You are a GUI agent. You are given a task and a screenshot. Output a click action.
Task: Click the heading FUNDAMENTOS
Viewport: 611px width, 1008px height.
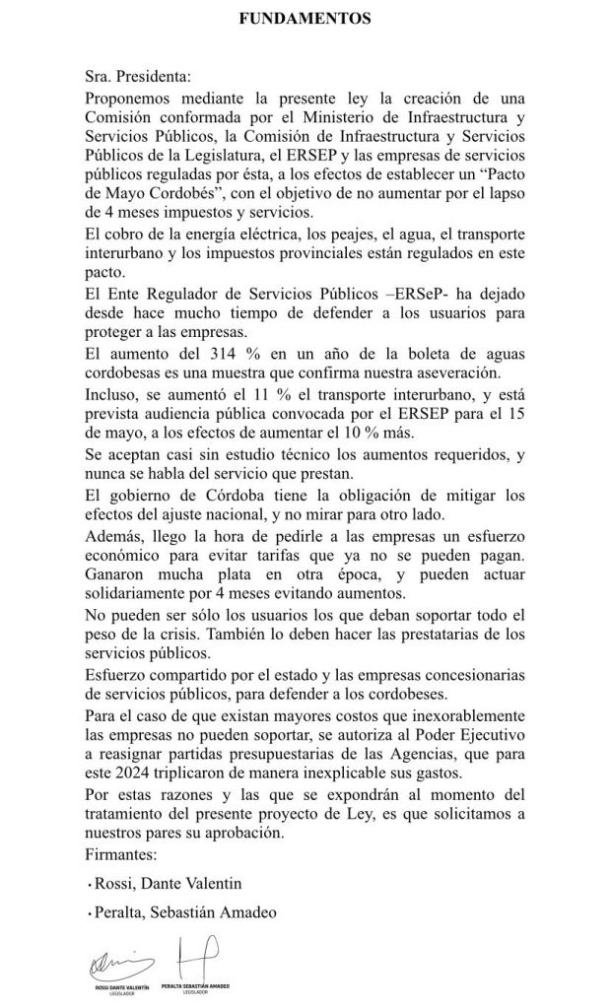[305, 18]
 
